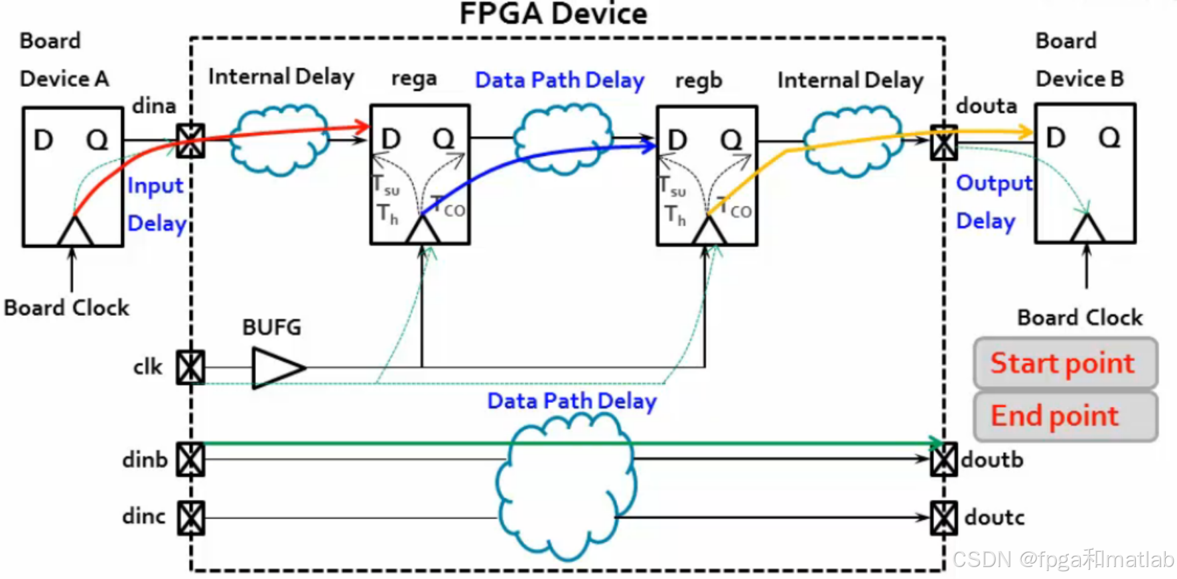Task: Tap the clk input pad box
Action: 190,367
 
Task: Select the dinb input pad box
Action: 190,459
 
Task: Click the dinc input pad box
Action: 190,517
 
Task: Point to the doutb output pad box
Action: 943,459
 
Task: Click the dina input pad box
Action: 190,140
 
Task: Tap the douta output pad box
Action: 943,142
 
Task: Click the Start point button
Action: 1065,363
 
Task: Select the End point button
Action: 1065,416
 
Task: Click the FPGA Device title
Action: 553,14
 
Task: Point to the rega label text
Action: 414,78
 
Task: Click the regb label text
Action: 698,80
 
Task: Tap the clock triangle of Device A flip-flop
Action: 74,232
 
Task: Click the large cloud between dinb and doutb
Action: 566,485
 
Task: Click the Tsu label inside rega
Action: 386,185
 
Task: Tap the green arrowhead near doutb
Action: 935,443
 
